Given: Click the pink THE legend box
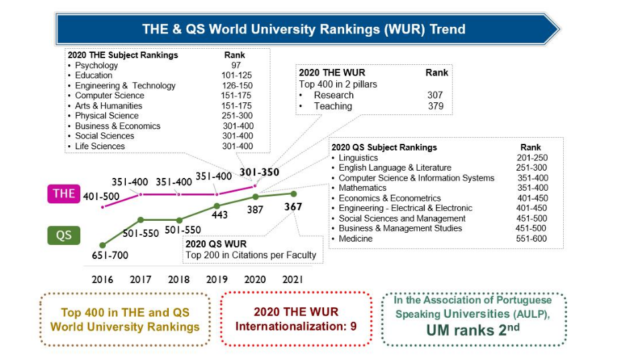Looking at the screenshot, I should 64,193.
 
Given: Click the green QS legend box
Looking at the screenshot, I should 64,235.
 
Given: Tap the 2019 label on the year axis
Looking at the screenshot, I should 217,279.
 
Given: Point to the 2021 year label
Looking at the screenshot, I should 293,279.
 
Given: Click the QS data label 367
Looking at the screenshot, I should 293,207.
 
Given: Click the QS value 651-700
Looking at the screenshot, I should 110,255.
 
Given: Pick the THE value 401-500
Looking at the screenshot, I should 102,197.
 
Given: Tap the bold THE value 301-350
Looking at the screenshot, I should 260,172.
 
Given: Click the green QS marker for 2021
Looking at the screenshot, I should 293,194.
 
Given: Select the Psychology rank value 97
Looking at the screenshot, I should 236,66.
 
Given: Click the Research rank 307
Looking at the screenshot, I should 435,95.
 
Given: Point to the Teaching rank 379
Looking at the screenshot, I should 435,106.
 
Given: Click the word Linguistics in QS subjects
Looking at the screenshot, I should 358,158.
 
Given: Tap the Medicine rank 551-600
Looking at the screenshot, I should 532,239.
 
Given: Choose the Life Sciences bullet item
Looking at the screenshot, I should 100,147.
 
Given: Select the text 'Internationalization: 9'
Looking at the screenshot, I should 295,327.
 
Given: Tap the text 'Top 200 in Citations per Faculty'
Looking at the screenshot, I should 250,255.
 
